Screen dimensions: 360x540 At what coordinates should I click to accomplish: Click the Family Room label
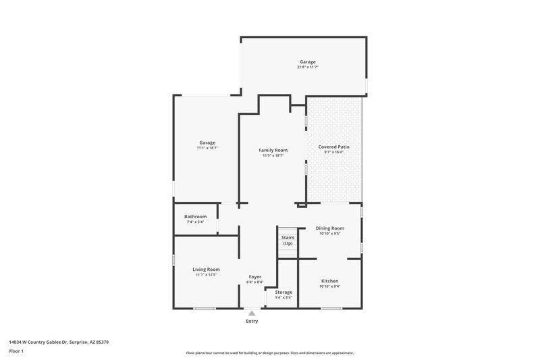point(273,150)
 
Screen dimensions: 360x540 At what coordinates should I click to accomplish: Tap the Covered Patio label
point(334,147)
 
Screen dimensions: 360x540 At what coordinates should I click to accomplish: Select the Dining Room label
point(330,228)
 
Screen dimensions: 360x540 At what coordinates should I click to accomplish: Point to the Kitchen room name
point(330,281)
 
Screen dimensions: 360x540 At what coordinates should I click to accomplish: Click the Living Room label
point(207,269)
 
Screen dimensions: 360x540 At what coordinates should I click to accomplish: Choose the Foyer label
point(255,276)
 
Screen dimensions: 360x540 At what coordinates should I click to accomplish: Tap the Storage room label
point(283,292)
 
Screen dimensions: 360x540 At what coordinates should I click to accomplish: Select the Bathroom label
point(196,216)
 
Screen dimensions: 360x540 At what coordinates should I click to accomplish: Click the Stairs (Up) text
point(288,240)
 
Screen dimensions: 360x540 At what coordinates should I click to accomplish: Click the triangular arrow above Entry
point(252,313)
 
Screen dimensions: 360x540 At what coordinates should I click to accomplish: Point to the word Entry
point(252,322)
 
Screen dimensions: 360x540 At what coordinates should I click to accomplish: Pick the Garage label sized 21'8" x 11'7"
point(308,62)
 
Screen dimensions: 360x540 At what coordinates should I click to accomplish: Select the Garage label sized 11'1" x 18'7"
point(207,143)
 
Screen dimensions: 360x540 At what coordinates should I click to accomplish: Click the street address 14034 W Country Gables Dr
point(59,342)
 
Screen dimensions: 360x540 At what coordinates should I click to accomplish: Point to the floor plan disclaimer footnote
point(270,353)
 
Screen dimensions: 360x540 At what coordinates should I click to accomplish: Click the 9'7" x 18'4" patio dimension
point(334,153)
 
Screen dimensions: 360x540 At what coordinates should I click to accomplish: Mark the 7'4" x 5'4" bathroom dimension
point(196,222)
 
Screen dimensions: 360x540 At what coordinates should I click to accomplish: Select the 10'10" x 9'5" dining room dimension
point(330,234)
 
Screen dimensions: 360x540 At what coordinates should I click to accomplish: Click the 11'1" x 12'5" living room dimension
point(207,275)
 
